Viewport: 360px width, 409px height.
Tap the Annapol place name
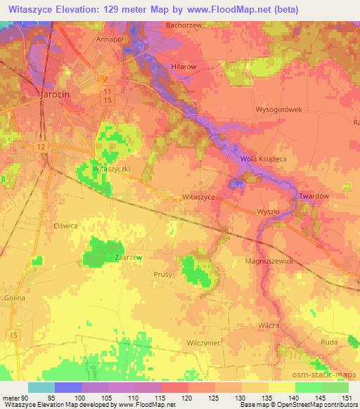point(110,40)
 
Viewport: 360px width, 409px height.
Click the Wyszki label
point(269,212)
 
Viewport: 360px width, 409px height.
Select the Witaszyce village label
point(198,197)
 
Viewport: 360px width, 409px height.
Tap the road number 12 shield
point(42,144)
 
